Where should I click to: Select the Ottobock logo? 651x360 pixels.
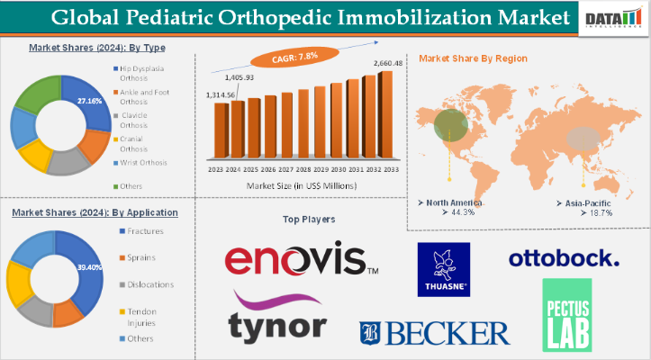tap(565, 259)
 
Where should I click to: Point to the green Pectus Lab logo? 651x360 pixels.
tap(567, 314)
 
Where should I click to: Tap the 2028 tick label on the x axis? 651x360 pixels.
tap(303, 168)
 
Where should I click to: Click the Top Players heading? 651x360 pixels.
tap(309, 219)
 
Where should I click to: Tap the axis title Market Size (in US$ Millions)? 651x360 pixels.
tap(302, 185)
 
